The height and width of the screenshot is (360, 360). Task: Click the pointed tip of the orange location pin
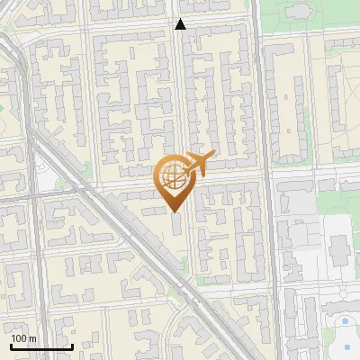(174, 211)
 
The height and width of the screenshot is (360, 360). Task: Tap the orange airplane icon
(199, 165)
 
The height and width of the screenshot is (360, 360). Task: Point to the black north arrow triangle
(180, 25)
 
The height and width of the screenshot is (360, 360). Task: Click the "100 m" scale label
(23, 338)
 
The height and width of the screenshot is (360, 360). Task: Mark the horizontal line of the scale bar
(41, 346)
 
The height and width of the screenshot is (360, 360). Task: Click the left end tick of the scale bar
(11, 345)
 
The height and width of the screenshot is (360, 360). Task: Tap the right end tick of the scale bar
(72, 345)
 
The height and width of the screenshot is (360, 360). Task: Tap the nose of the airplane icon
(213, 157)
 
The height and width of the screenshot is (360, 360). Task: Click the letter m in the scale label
(31, 338)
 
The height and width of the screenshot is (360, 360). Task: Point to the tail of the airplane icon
(185, 171)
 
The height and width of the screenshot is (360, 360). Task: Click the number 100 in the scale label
(19, 338)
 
